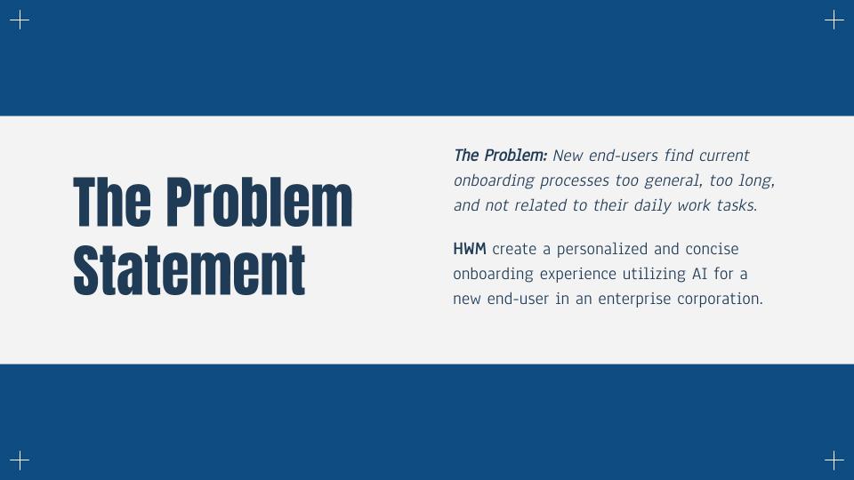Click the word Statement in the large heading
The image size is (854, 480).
pos(189,270)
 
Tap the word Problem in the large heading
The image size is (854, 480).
pos(259,202)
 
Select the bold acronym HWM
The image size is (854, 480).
pos(470,249)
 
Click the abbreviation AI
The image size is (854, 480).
pos(700,274)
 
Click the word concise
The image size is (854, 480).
pos(712,249)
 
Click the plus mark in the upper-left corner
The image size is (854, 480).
pos(20,20)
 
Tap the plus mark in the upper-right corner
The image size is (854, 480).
pos(834,20)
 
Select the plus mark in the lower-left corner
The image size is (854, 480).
pos(20,460)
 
